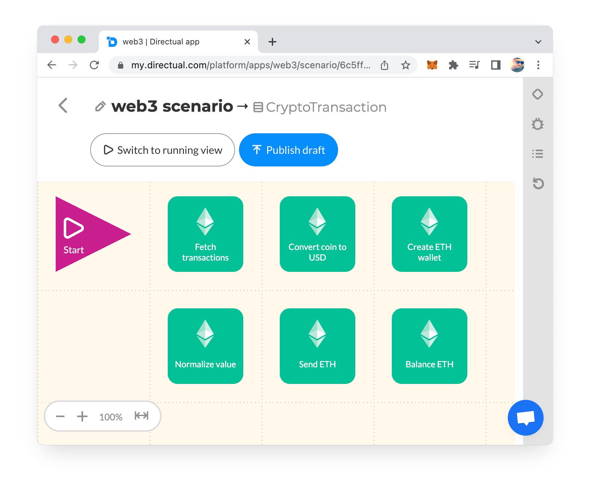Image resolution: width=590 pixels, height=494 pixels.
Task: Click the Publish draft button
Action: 288,150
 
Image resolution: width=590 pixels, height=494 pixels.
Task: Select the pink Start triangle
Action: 86,234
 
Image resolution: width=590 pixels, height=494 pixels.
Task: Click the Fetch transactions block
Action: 206,234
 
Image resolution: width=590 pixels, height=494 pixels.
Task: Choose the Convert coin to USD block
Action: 318,234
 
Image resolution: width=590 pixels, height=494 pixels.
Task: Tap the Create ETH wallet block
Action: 430,234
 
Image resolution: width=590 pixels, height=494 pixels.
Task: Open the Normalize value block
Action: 206,346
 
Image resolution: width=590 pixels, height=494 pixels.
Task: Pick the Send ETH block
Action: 318,346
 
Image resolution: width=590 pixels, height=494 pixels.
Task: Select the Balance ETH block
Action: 430,346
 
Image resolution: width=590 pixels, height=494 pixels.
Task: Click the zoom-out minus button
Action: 60,416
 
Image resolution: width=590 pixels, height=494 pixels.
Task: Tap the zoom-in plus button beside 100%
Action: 82,416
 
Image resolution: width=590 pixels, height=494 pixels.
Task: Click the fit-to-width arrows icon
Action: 142,416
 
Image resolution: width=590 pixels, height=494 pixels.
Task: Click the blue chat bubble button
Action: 526,418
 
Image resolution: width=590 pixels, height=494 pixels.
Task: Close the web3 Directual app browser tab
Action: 247,42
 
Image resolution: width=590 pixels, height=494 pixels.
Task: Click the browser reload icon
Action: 94,65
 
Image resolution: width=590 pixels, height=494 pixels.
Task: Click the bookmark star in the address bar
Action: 406,65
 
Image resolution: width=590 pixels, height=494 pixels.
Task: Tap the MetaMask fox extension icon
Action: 432,65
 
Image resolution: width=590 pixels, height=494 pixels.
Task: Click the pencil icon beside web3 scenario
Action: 100,106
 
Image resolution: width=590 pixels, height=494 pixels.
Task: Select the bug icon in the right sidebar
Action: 538,124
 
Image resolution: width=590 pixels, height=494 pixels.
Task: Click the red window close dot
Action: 55,40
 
